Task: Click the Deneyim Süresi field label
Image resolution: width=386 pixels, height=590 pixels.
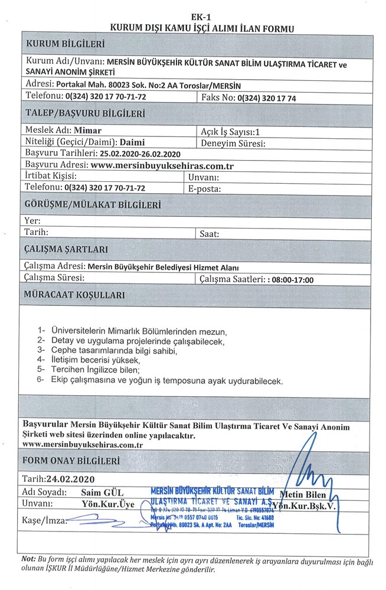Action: click(x=232, y=143)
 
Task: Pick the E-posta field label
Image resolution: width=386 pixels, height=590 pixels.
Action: click(x=204, y=189)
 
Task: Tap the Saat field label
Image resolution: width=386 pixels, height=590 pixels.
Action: click(x=210, y=234)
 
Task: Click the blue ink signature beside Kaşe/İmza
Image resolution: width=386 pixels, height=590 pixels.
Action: click(x=97, y=520)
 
